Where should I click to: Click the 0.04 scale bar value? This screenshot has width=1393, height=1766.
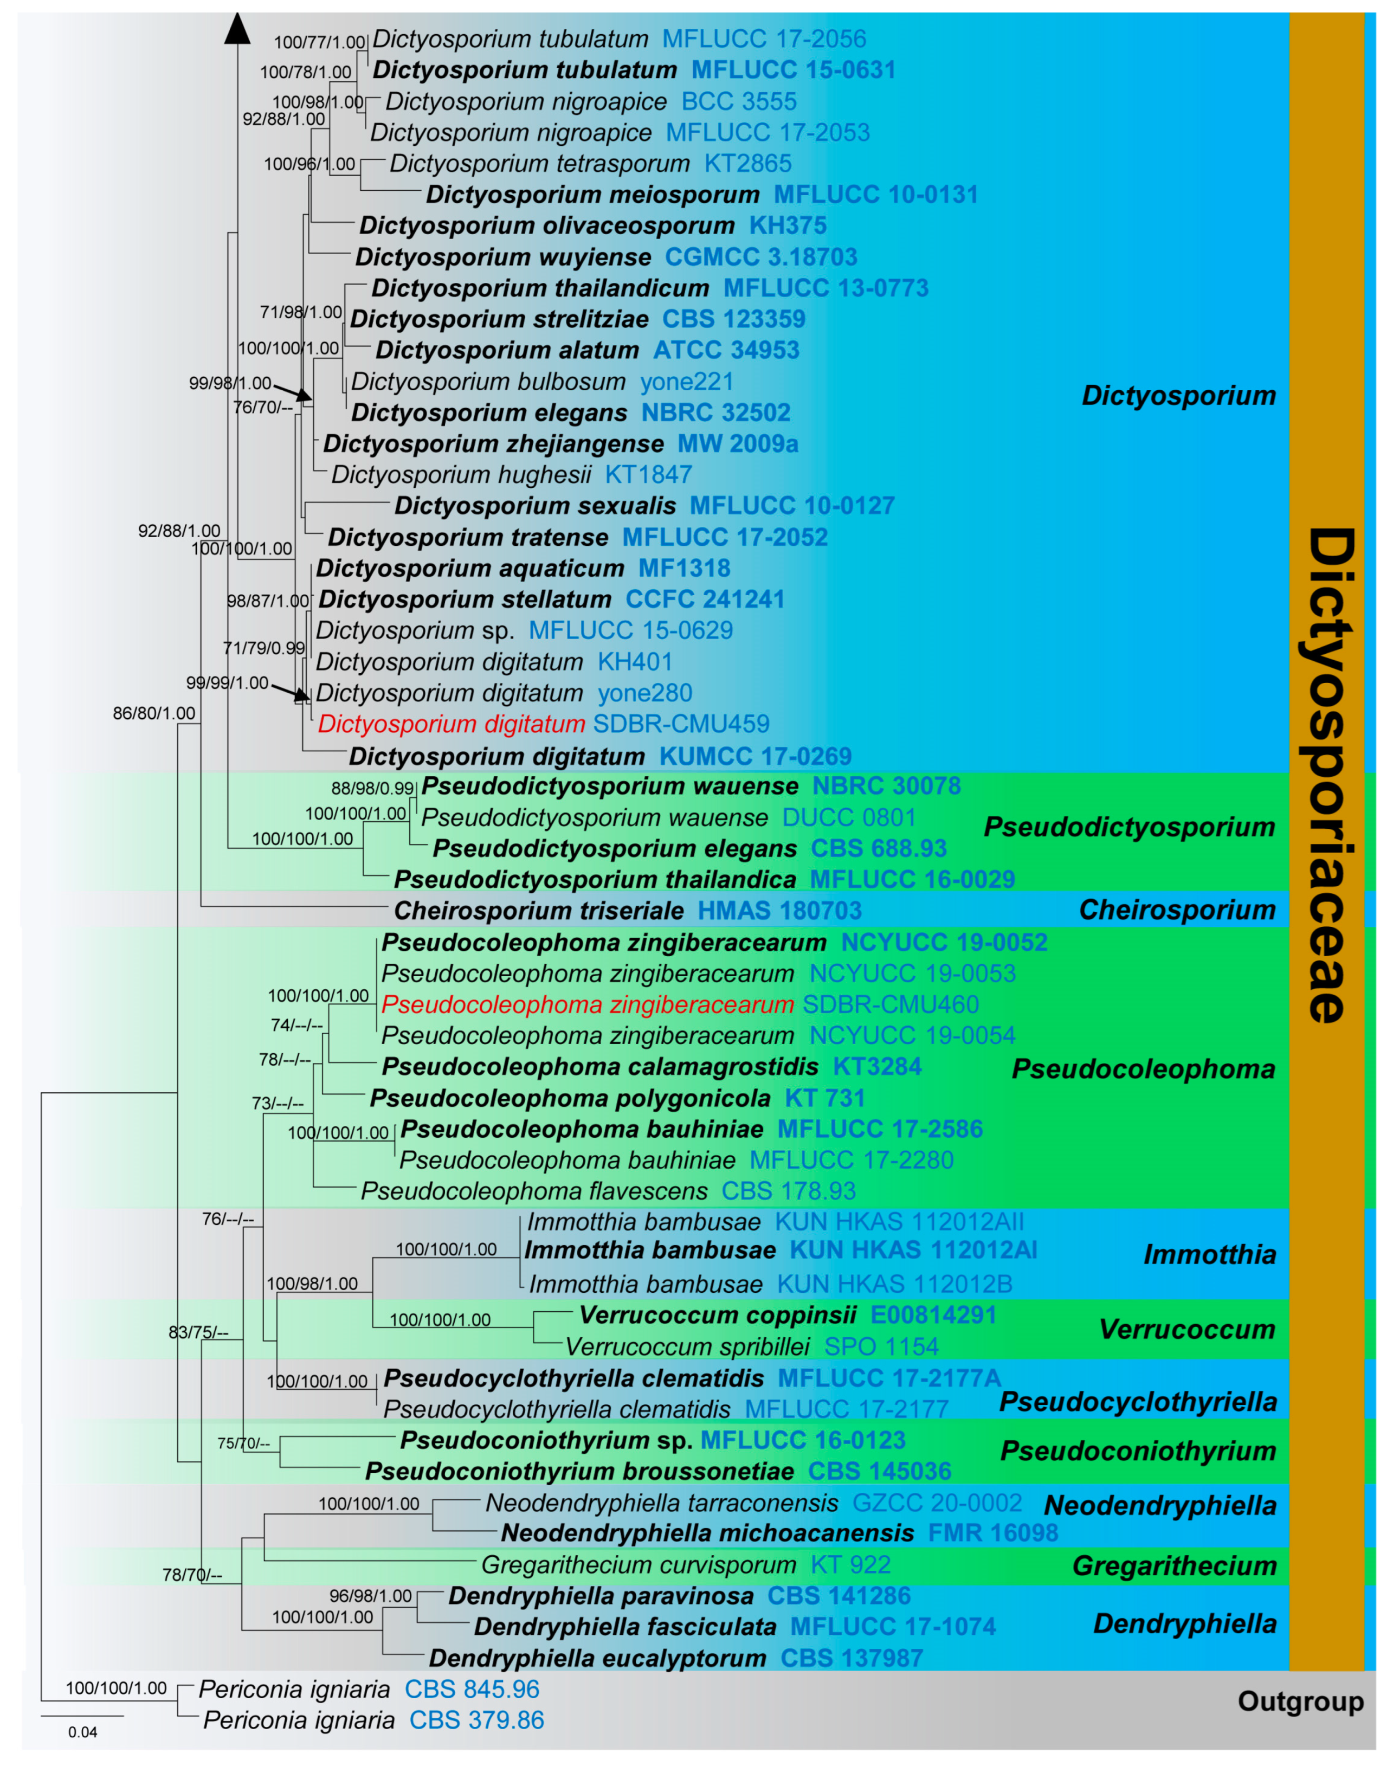point(82,1732)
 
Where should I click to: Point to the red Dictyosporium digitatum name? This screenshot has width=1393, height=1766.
point(451,724)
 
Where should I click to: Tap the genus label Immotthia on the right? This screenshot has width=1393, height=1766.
point(1209,1254)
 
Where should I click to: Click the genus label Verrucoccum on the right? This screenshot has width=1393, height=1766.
point(1186,1329)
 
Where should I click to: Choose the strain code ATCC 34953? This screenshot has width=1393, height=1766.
point(726,351)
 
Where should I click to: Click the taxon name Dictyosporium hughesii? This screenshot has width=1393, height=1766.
point(461,475)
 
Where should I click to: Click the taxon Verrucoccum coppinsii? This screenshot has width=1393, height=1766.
point(718,1315)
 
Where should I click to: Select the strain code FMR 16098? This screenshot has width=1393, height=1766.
point(992,1533)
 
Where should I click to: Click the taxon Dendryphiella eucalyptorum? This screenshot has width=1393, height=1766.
point(597,1658)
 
